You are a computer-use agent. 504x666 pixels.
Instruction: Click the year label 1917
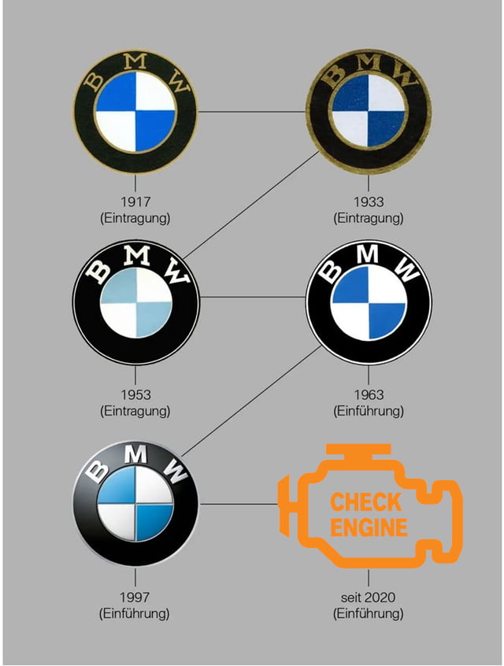click(135, 202)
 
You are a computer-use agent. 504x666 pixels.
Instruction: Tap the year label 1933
click(369, 202)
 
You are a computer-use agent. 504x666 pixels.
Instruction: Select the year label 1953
click(135, 394)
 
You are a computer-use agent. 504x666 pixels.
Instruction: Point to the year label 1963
click(369, 394)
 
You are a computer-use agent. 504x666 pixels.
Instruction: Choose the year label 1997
click(135, 598)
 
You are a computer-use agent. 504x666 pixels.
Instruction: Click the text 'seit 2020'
click(368, 598)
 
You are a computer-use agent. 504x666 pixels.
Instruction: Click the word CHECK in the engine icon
click(366, 502)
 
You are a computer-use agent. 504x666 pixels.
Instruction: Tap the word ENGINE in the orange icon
click(369, 527)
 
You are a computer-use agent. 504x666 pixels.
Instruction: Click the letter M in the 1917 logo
click(136, 61)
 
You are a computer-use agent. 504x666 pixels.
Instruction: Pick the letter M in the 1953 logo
click(137, 256)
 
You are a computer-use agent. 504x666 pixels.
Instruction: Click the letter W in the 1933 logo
click(405, 77)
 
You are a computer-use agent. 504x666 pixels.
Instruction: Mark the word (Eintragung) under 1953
click(135, 411)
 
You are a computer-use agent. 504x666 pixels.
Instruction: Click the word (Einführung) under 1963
click(369, 411)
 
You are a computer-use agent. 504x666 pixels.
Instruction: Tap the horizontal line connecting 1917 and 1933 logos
click(252, 112)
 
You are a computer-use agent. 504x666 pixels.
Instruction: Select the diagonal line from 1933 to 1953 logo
click(251, 205)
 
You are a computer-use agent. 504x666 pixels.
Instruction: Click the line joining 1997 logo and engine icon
click(239, 504)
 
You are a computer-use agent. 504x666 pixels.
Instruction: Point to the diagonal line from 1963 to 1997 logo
click(252, 400)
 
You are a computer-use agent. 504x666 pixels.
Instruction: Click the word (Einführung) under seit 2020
click(368, 614)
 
